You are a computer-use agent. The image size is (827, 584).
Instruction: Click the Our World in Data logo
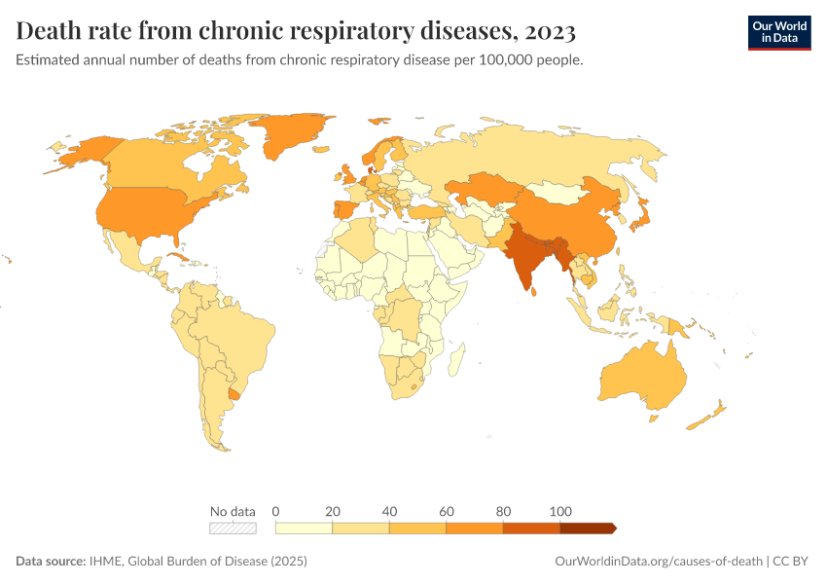click(778, 32)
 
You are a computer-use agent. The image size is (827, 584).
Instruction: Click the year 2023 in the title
click(550, 32)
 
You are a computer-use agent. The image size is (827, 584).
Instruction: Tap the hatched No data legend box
click(233, 528)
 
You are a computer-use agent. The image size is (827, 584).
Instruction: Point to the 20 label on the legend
click(333, 511)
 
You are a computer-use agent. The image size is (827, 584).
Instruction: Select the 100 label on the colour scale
click(560, 511)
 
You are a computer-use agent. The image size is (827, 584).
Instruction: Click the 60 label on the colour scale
click(447, 511)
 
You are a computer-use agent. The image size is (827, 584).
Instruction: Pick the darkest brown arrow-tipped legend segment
click(588, 528)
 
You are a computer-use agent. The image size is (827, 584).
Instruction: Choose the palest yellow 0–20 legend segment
click(305, 528)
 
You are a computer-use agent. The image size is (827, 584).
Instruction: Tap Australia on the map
click(642, 380)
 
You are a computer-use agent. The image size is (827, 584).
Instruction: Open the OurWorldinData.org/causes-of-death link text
click(658, 562)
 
